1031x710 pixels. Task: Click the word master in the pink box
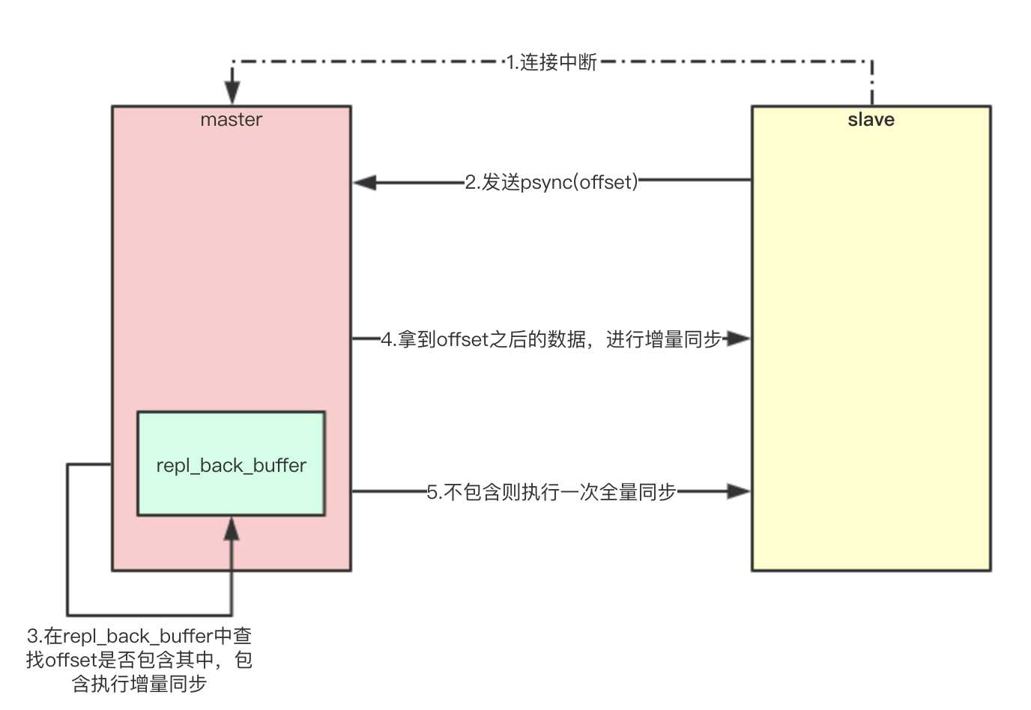point(231,120)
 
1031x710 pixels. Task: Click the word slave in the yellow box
point(871,120)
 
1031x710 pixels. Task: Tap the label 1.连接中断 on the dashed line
point(551,62)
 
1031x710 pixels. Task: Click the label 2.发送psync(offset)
point(551,182)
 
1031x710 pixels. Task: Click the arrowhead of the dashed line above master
point(232,94)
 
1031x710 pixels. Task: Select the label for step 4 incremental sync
point(551,339)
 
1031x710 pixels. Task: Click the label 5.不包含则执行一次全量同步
point(551,492)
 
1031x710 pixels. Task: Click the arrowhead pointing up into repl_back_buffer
point(232,529)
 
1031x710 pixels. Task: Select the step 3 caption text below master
point(139,659)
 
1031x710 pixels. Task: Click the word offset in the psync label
point(606,182)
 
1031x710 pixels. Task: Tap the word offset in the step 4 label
point(462,339)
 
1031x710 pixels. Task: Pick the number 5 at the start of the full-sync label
point(432,492)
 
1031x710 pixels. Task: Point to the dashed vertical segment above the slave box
point(872,82)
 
